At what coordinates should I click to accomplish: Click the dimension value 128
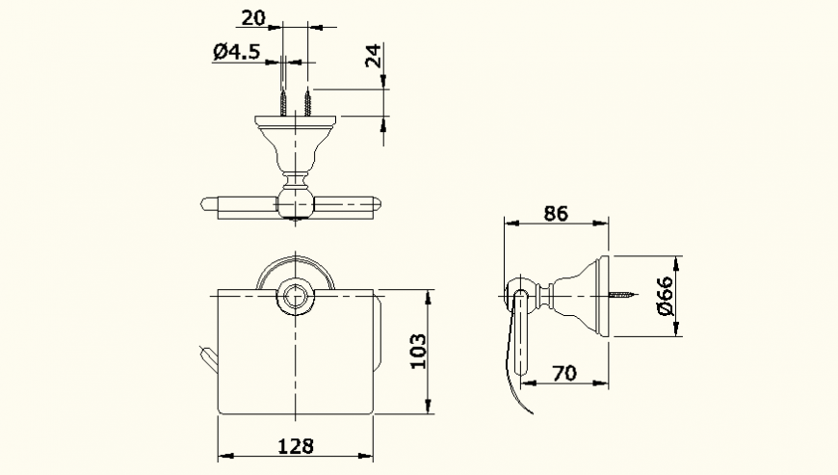click(x=296, y=445)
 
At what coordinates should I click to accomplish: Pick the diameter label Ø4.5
click(x=236, y=53)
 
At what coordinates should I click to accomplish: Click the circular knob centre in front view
click(x=293, y=297)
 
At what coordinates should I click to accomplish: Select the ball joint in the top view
click(x=294, y=203)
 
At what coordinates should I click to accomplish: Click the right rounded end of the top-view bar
click(x=374, y=204)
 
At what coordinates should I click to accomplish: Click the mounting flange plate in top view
click(x=295, y=122)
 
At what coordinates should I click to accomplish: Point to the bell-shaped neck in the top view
click(x=295, y=149)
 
